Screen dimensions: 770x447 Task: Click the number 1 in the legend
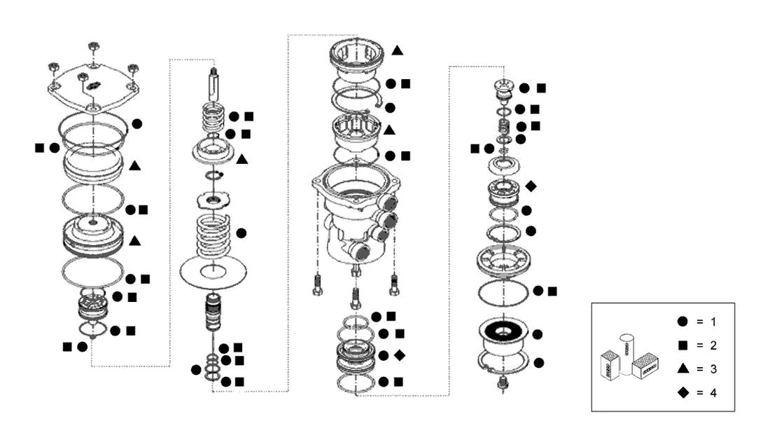coord(713,322)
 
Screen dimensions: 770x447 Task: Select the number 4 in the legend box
coord(713,393)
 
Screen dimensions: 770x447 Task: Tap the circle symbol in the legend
coord(682,322)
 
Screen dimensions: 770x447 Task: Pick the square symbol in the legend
coord(682,345)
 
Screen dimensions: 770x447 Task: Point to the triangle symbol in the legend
coord(682,369)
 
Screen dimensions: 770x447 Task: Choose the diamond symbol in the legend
coord(683,392)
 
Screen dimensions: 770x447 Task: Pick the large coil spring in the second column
coord(213,235)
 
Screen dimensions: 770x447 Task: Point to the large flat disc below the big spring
coord(213,271)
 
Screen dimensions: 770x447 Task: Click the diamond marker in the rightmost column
coord(531,186)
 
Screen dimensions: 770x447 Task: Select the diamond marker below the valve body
coord(400,355)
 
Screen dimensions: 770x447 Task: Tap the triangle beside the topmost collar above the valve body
coord(398,50)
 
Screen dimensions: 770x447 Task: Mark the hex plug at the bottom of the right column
coord(503,383)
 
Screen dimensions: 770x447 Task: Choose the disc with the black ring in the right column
coord(503,334)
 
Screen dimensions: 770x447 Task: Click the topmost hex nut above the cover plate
coord(94,47)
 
